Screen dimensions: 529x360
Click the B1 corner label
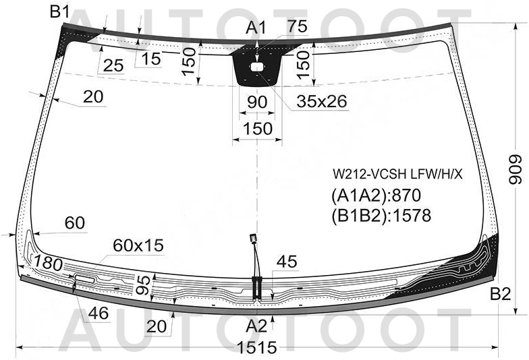[59, 12]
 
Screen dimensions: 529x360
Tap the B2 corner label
[501, 294]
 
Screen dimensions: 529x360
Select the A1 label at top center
[256, 28]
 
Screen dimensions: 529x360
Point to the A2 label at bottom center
[256, 326]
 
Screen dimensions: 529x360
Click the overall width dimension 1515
[257, 347]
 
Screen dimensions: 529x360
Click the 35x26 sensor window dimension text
[322, 101]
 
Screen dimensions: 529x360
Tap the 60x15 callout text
[138, 245]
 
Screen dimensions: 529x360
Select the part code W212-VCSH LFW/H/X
[398, 174]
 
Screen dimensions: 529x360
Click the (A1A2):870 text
[377, 196]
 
